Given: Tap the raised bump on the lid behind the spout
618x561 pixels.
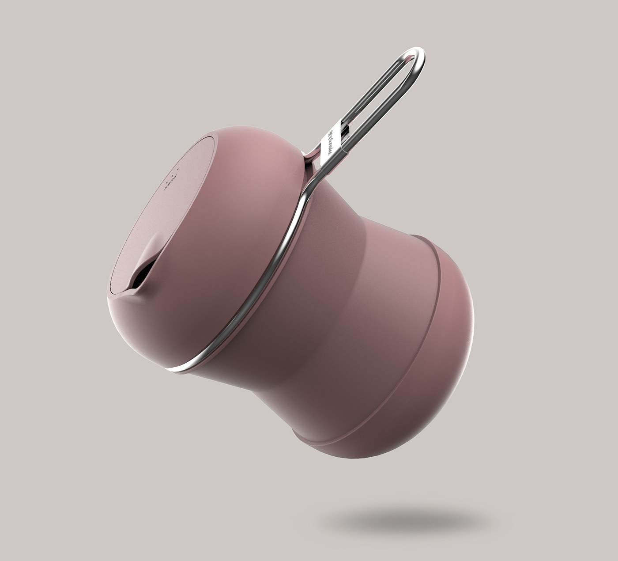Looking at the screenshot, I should coord(150,252).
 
